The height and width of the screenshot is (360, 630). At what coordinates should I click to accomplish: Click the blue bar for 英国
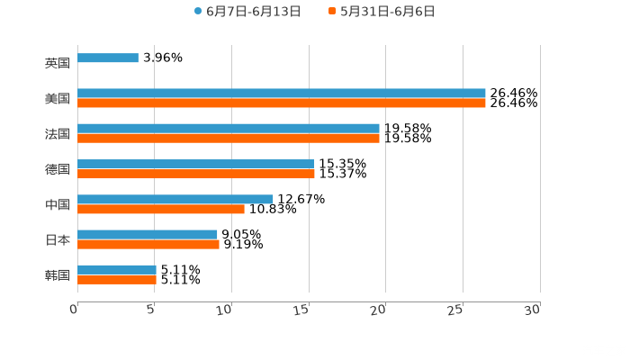tap(108, 58)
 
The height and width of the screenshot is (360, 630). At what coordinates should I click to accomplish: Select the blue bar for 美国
tap(282, 94)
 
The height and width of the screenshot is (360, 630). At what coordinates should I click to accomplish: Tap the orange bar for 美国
tap(282, 103)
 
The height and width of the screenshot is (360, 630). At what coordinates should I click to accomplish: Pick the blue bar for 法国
tap(229, 129)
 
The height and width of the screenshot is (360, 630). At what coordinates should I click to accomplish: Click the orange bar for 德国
tap(196, 174)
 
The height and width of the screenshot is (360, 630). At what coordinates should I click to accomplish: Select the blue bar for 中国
tap(175, 199)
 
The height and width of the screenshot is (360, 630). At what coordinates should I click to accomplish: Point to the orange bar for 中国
tap(161, 209)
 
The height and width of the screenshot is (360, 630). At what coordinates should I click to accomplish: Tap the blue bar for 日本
tap(148, 234)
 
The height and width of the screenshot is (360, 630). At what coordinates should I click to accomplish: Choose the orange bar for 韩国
tap(117, 279)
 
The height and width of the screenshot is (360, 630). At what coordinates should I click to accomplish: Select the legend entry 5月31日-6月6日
tap(387, 12)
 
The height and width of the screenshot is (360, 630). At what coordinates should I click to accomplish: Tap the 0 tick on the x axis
tap(74, 310)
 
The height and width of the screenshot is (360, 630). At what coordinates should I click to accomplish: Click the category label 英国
tap(58, 64)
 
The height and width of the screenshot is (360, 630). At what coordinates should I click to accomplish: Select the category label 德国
tap(58, 169)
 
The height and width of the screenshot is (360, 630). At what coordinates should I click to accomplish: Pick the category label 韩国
tap(58, 274)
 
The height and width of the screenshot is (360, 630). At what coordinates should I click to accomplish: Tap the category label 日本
tap(58, 239)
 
